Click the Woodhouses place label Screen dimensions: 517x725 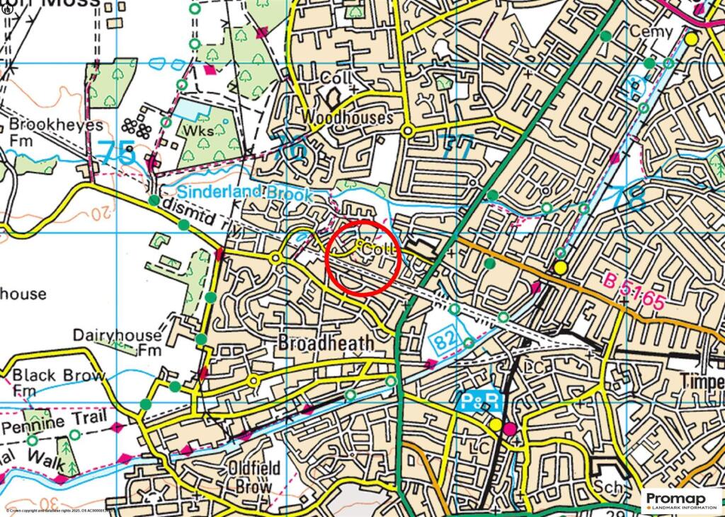point(346,117)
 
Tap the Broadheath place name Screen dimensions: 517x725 point(326,343)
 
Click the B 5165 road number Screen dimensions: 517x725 point(636,291)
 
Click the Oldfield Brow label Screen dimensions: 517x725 point(255,477)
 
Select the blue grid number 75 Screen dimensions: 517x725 point(117,153)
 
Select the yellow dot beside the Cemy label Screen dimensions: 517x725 point(691,38)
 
